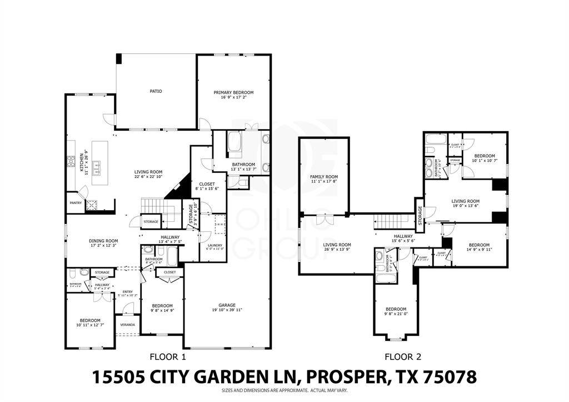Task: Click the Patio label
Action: pos(156,91)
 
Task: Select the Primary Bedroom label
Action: pos(234,92)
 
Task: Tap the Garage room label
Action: pos(227,305)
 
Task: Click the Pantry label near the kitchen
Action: pos(76,203)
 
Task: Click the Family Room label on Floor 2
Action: pos(324,177)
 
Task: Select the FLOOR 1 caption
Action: pos(168,356)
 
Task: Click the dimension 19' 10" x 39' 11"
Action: pos(227,310)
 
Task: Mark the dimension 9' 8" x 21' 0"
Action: pos(396,315)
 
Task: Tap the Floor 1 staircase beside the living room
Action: pos(152,206)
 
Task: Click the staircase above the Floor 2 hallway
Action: pos(393,222)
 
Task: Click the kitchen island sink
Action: pos(96,165)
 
